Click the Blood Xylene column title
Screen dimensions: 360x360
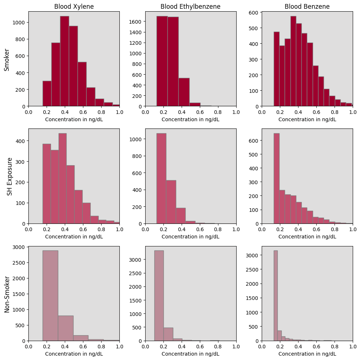pyautogui.click(x=74, y=7)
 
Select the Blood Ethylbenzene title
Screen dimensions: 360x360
pyautogui.click(x=190, y=7)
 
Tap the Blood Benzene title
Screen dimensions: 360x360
pyautogui.click(x=307, y=7)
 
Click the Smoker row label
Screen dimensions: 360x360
pyautogui.click(x=7, y=59)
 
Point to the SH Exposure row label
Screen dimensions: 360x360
pyautogui.click(x=10, y=176)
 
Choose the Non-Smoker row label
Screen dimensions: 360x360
pyautogui.click(x=7, y=294)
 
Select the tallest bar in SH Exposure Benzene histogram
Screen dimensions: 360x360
pyautogui.click(x=276, y=178)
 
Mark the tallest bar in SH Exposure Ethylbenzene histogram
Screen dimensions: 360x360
pyautogui.click(x=161, y=178)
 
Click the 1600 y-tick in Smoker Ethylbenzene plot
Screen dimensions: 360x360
pyautogui.click(x=137, y=21)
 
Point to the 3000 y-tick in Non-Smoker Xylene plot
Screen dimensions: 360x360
pyautogui.click(x=19, y=247)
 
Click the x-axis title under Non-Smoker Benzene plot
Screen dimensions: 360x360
pyautogui.click(x=307, y=354)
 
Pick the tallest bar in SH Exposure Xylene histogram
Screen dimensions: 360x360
pyautogui.click(x=62, y=178)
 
